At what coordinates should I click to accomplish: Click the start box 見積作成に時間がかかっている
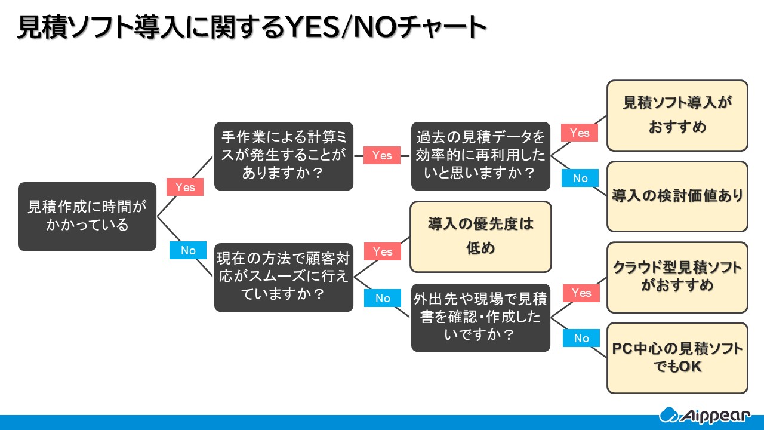point(87,216)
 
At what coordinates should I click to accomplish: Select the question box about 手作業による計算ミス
point(284,156)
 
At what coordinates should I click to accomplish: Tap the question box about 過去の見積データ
point(480,156)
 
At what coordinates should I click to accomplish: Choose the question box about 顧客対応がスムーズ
point(284,277)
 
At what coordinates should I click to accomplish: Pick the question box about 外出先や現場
point(480,318)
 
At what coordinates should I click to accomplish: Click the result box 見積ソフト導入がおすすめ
point(677,115)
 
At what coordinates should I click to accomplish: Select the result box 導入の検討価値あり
point(677,196)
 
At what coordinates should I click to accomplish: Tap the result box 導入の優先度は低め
point(480,236)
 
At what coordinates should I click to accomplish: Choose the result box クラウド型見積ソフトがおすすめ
point(677,277)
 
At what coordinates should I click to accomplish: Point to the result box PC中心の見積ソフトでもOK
point(677,358)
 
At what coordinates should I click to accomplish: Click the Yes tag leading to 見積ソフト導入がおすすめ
point(580,133)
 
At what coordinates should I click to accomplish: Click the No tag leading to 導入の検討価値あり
point(580,178)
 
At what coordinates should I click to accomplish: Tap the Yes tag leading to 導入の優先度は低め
point(382,251)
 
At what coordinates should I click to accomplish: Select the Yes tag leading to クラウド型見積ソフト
point(581,293)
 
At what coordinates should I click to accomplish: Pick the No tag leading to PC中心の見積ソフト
point(581,338)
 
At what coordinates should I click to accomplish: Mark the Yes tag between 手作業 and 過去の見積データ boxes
point(382,155)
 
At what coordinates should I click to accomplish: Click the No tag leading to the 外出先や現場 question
point(382,298)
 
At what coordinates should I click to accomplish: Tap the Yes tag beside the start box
point(185,187)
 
